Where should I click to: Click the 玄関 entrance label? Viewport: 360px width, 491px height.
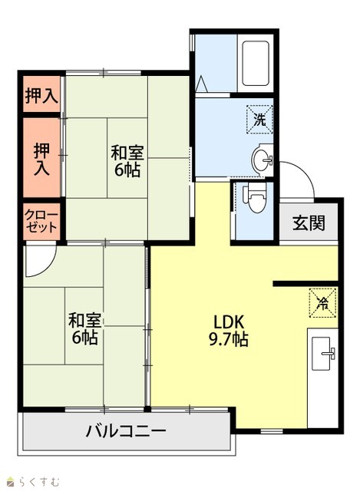309,223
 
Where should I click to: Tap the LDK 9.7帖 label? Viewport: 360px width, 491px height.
229,331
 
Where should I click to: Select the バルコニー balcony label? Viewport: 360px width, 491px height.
126,431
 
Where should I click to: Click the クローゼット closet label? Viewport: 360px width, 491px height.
41,222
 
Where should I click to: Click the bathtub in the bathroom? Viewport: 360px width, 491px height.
256,63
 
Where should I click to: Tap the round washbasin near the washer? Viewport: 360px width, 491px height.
263,160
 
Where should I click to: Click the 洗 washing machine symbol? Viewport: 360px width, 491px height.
259,120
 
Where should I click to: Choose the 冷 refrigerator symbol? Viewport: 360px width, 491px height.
322,303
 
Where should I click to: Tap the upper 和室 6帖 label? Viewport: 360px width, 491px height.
127,161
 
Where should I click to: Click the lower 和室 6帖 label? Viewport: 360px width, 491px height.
85,328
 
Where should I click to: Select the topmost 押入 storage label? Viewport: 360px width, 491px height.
41,96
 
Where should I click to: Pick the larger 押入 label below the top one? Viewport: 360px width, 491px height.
41,159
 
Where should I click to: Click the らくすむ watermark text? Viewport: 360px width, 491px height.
38,481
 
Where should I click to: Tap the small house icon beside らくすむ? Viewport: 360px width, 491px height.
11,481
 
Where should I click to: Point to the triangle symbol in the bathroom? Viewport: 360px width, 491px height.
202,84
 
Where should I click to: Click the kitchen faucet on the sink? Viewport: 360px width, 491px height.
329,353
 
